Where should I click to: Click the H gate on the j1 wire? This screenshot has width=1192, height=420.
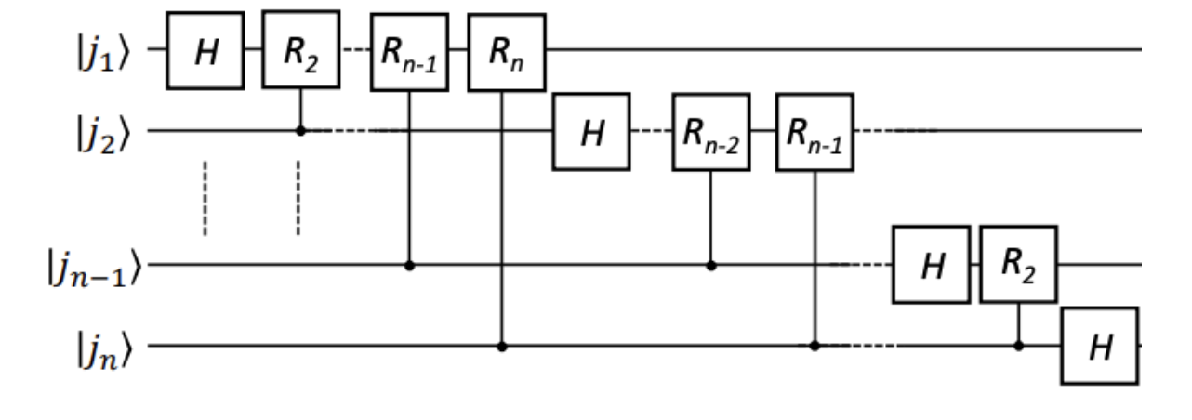point(205,50)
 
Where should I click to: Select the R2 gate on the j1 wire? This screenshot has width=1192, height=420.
point(300,50)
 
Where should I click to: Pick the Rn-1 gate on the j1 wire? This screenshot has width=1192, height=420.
point(409,52)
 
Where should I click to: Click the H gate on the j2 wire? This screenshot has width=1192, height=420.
point(591,131)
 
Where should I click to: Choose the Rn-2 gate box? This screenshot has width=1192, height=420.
point(710,131)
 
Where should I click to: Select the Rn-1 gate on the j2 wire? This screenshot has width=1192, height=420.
point(815,131)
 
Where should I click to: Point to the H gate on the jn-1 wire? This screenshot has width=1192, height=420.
point(931,264)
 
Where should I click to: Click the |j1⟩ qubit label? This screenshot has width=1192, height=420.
point(115,50)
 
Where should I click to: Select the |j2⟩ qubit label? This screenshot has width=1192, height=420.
point(115,131)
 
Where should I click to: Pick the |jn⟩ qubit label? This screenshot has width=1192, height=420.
point(115,347)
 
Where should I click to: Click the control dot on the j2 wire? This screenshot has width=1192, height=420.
point(300,131)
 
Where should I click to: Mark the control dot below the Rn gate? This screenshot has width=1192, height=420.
point(503,347)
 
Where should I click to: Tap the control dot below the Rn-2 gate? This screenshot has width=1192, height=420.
point(711,265)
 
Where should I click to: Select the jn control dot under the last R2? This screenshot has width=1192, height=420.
point(1018,347)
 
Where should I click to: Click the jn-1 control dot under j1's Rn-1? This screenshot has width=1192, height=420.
point(409,265)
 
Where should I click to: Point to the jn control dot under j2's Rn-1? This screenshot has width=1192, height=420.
point(815,347)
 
